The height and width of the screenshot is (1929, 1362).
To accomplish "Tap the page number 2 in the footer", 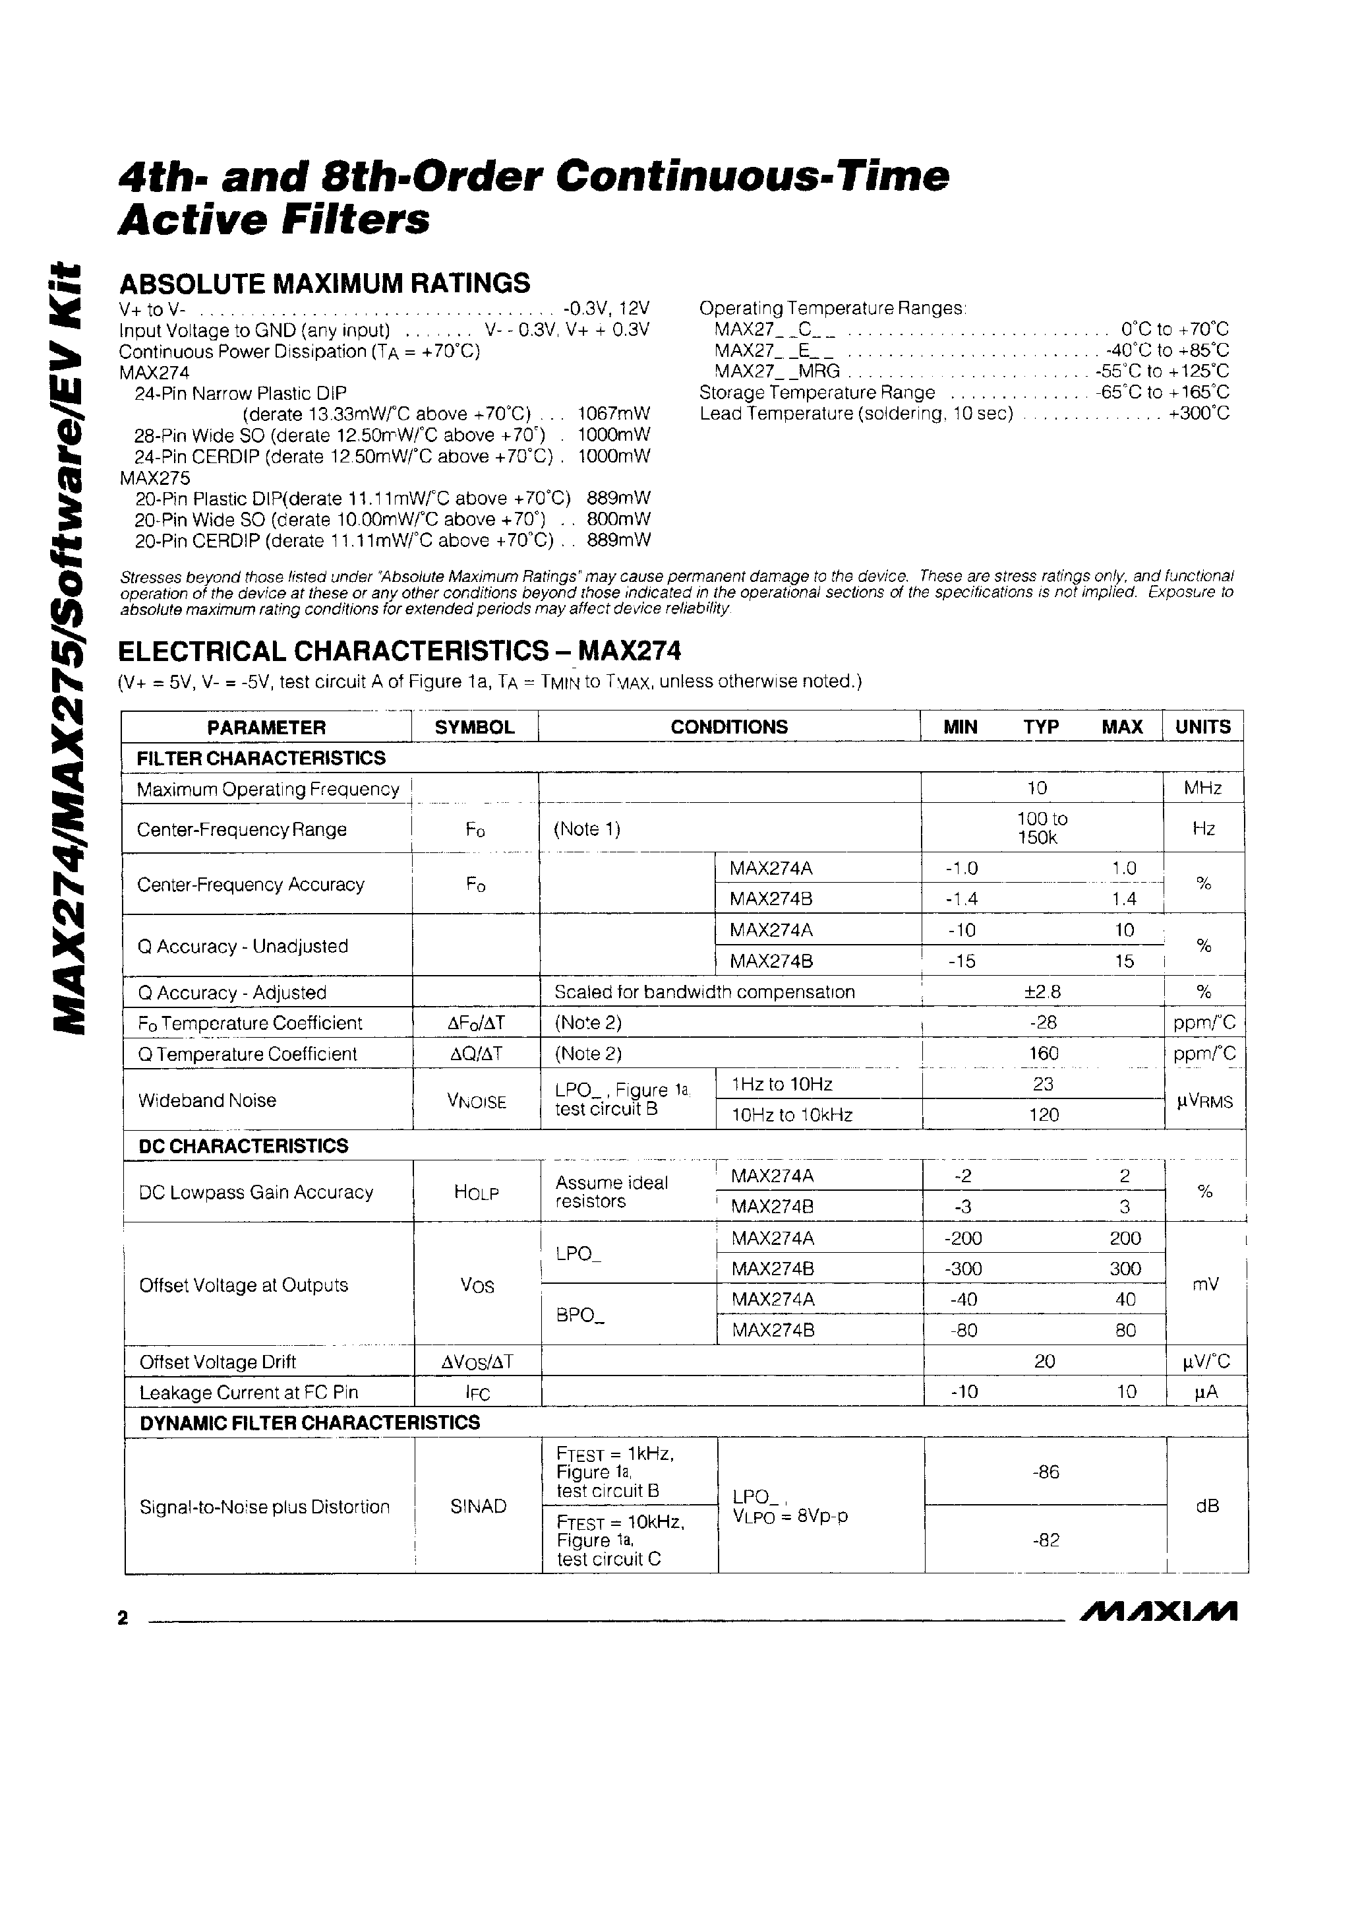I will point(123,1618).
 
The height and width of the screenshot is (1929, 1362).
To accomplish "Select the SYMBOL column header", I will point(475,727).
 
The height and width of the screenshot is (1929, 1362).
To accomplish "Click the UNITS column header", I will point(1202,727).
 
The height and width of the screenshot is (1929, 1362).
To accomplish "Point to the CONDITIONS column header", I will point(729,727).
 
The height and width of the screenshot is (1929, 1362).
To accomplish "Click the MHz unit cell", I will point(1202,788).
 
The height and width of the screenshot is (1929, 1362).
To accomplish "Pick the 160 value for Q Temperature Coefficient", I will point(1043,1054).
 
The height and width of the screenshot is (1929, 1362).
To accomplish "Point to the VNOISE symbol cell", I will point(476,1100).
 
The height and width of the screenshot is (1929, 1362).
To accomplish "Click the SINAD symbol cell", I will point(478,1506).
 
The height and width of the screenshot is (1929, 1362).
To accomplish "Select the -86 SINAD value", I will point(1046,1471).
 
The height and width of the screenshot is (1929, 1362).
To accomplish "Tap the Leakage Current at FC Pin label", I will point(249,1392).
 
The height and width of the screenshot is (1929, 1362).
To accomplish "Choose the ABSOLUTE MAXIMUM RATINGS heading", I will point(324,283).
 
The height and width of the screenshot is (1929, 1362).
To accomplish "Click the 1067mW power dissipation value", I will point(614,414).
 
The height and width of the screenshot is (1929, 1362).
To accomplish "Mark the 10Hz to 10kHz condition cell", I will point(792,1115).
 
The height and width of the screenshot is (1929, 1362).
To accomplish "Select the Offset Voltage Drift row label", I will point(218,1362).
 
